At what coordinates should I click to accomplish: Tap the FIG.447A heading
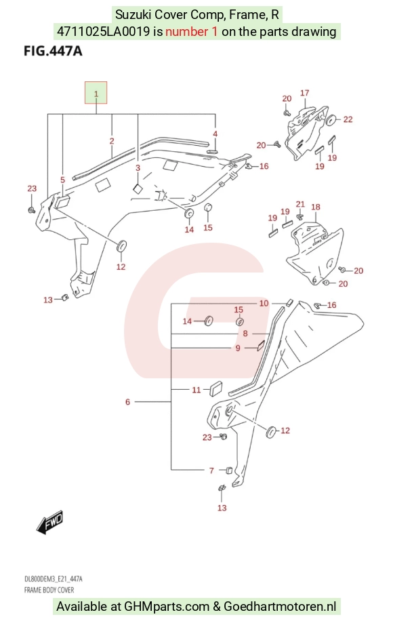point(53,51)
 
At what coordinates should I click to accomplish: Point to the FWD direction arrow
point(49,523)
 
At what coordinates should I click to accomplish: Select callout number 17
point(304,93)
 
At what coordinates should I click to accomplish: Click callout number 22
point(348,119)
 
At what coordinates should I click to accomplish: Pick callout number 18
point(316,207)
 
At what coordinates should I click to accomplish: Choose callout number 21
point(300,204)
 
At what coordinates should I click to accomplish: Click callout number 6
point(127,401)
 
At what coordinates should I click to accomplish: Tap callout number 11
point(196,390)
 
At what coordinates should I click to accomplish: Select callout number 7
point(211,470)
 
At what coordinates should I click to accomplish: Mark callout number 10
point(264,303)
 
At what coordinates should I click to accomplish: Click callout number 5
point(62,180)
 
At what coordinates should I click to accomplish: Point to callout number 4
point(215,134)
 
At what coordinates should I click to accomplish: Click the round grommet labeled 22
point(331,119)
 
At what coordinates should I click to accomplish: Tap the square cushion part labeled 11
point(216,388)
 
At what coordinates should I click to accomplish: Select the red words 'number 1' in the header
point(191,31)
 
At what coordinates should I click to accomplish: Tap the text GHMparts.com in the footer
point(167,606)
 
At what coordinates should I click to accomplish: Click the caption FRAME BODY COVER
point(49,590)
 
